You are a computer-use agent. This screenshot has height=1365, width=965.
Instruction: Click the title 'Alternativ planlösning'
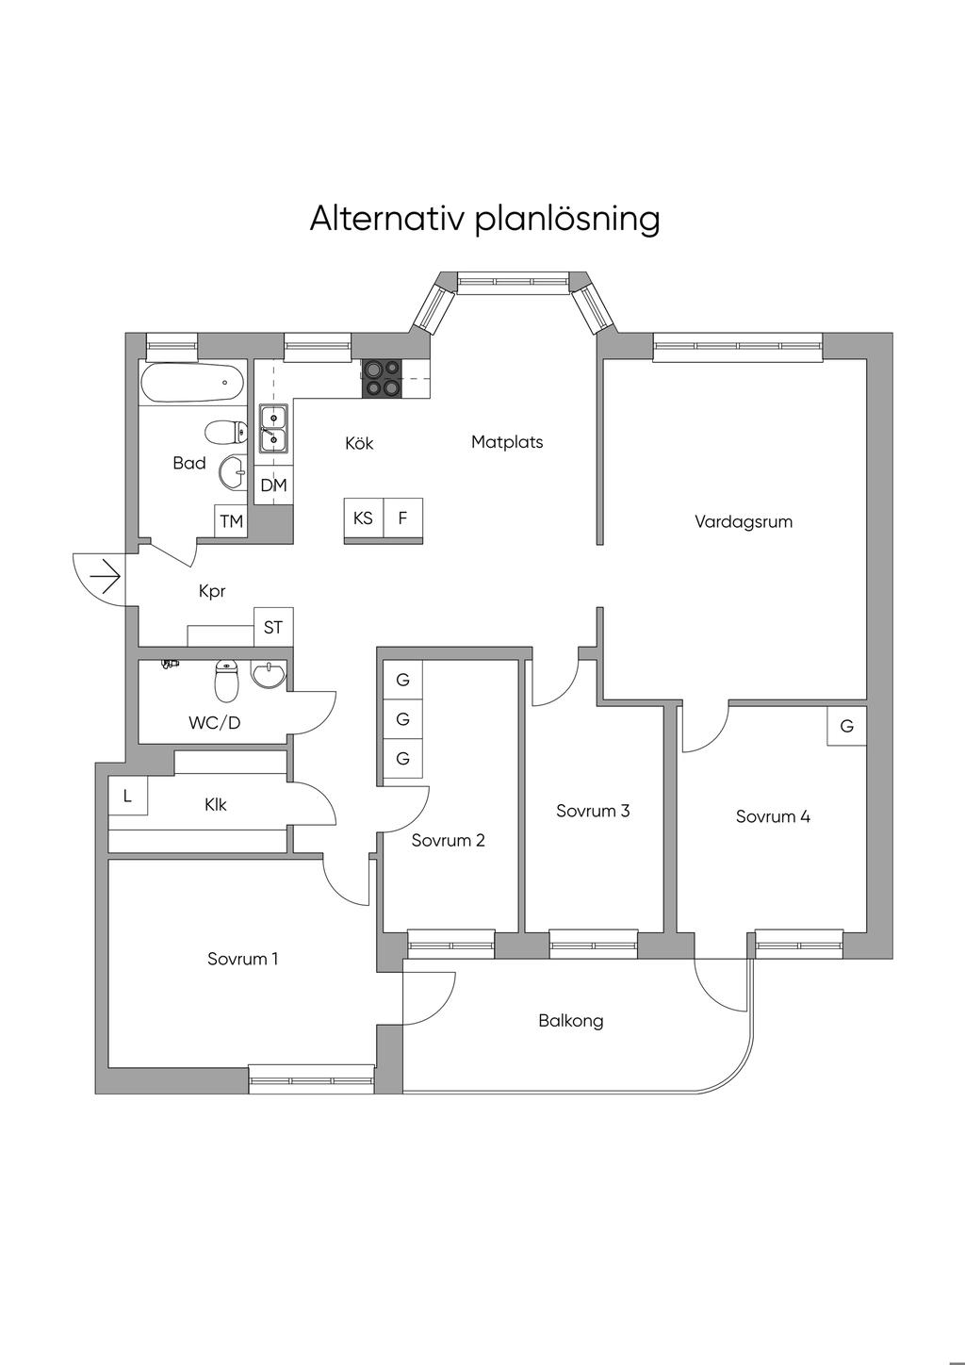(x=484, y=219)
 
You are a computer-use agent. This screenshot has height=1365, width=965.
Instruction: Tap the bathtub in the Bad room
(x=192, y=384)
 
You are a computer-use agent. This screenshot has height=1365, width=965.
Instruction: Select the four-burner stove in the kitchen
(x=383, y=379)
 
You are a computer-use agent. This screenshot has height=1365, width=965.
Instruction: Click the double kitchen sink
(x=273, y=428)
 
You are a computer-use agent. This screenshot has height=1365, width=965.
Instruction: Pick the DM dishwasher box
(x=273, y=485)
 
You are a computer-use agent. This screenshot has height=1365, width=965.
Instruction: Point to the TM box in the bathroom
(x=231, y=521)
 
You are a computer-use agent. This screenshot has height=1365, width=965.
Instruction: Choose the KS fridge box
(x=363, y=518)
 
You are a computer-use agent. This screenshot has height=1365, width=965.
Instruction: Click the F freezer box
(x=402, y=518)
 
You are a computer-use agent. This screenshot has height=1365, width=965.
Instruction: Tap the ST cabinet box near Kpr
(x=273, y=627)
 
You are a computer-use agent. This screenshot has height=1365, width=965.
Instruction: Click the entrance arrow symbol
(x=105, y=575)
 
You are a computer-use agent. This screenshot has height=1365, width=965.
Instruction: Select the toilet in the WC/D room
(x=226, y=681)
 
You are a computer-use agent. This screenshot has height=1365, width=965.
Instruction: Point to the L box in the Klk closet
(x=128, y=797)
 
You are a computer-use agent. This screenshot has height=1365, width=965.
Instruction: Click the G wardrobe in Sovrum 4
(x=846, y=727)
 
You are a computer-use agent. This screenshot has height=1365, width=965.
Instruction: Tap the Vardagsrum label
(x=744, y=521)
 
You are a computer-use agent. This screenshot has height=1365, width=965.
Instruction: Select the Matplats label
(x=507, y=442)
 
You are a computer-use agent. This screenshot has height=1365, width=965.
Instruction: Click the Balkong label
(x=571, y=1021)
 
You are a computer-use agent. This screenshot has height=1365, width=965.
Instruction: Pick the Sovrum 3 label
(x=593, y=811)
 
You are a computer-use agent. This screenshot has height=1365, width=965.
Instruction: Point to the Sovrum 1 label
(x=243, y=960)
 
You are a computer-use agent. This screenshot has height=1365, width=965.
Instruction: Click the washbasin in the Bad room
(x=231, y=472)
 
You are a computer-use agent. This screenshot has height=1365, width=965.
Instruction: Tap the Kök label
(x=359, y=443)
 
